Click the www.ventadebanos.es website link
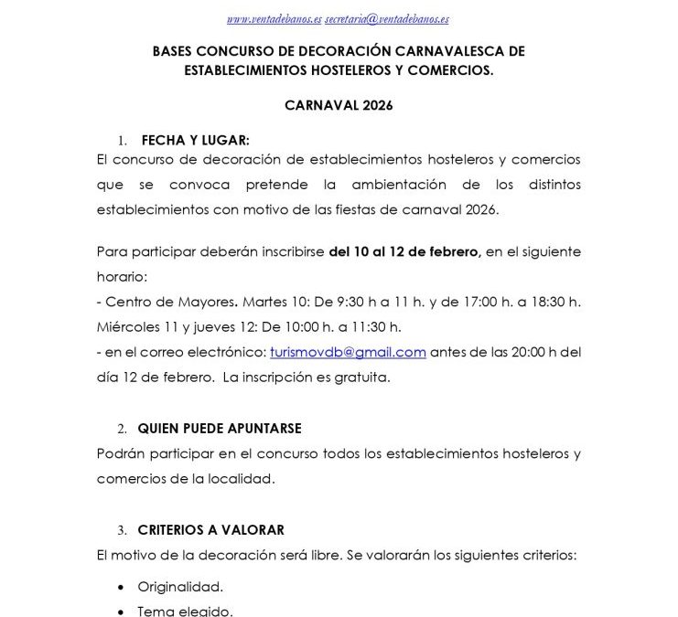(273, 18)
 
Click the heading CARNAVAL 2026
(339, 106)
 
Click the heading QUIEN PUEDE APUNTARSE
(220, 428)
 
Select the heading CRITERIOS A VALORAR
(211, 529)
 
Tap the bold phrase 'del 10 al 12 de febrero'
(404, 251)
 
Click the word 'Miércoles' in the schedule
(127, 326)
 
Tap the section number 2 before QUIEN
(122, 428)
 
